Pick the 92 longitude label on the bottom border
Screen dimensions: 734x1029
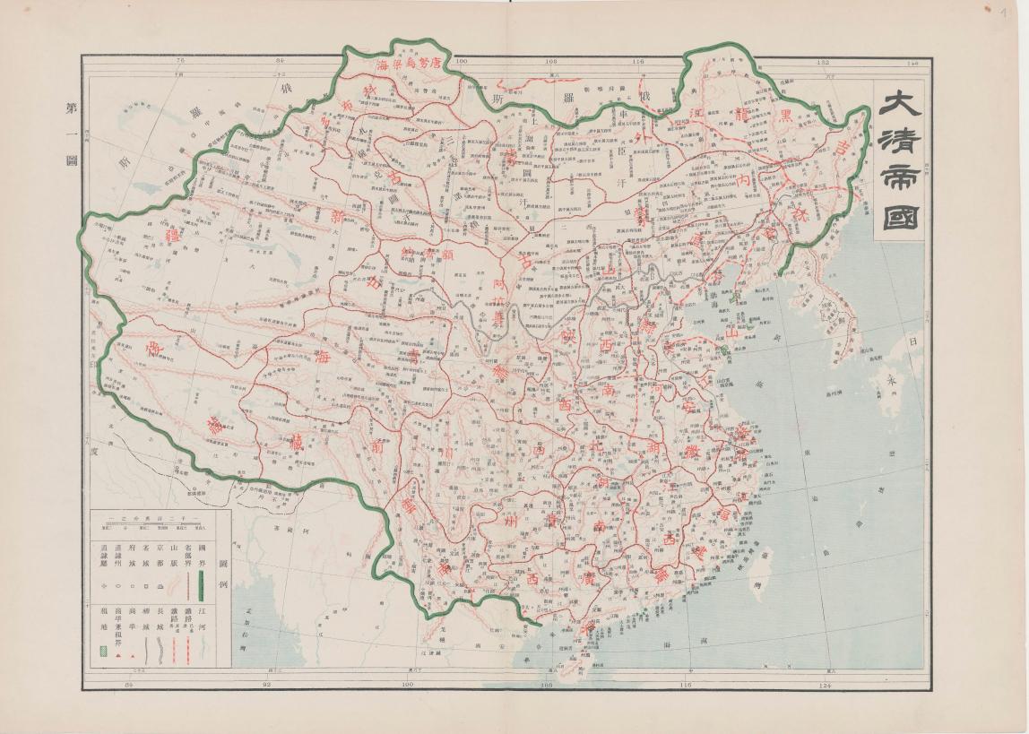click(266, 685)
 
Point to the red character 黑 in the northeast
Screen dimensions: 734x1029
click(784, 116)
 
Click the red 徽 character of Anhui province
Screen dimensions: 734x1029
click(691, 453)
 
